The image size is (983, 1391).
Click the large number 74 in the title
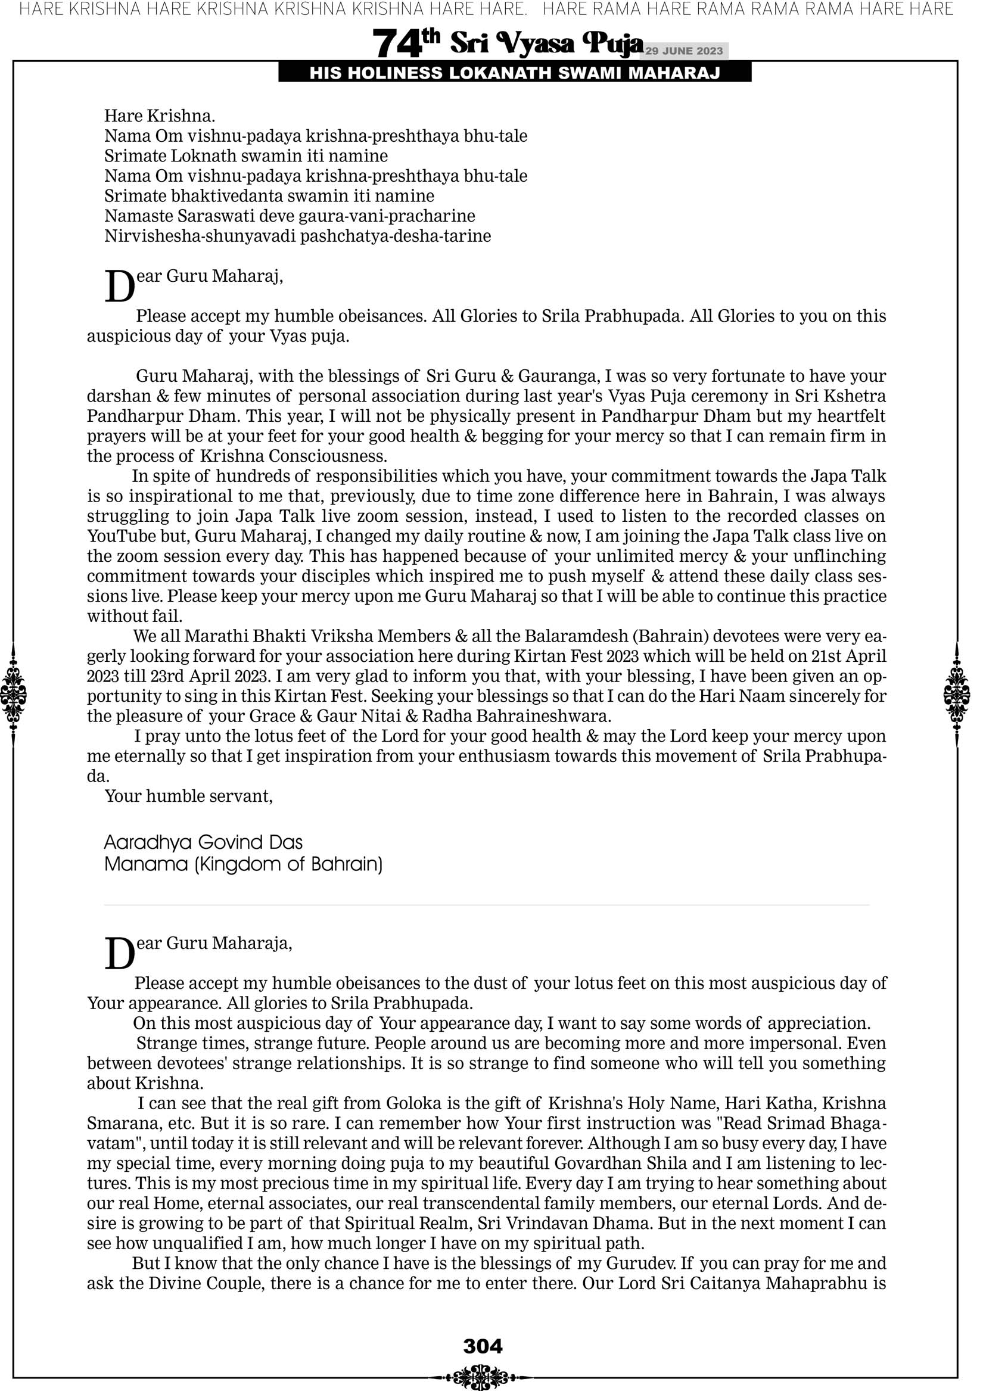(x=396, y=43)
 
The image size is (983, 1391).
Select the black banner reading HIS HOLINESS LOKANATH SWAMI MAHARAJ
(x=515, y=73)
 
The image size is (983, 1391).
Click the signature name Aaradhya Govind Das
(x=203, y=842)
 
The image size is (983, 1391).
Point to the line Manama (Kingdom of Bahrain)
(x=243, y=864)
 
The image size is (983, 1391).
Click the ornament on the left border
(x=13, y=695)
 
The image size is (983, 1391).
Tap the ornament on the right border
(x=957, y=695)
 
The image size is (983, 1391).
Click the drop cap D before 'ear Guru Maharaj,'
(x=119, y=287)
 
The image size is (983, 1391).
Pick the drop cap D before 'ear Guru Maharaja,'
(x=119, y=954)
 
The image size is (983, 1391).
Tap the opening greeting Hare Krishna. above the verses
(x=160, y=116)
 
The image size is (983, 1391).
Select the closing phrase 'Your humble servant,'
(x=188, y=795)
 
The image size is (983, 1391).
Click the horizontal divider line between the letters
(x=487, y=905)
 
